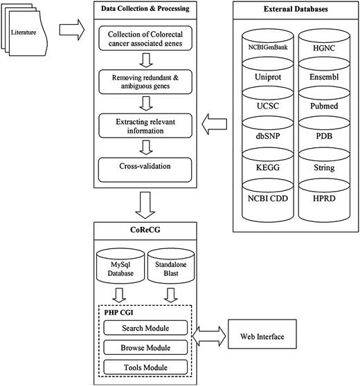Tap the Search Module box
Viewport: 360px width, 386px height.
(x=145, y=327)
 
